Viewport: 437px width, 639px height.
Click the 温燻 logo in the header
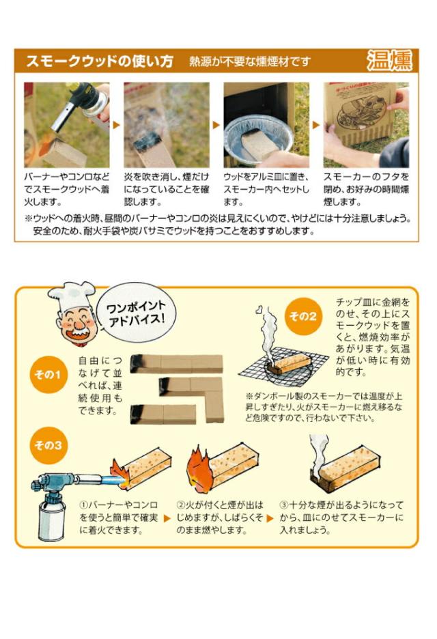(x=389, y=61)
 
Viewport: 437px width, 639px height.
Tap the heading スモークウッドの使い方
(x=100, y=61)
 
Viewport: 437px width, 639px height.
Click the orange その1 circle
(x=48, y=374)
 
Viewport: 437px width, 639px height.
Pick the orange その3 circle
(x=48, y=445)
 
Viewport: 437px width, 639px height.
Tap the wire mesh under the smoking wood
(x=283, y=367)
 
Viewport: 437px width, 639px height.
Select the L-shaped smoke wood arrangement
(x=192, y=394)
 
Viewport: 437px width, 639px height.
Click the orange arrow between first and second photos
(x=117, y=125)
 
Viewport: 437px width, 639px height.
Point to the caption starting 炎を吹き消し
(x=167, y=190)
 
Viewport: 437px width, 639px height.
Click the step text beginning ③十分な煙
(x=341, y=517)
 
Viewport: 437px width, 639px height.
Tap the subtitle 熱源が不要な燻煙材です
(x=250, y=62)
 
